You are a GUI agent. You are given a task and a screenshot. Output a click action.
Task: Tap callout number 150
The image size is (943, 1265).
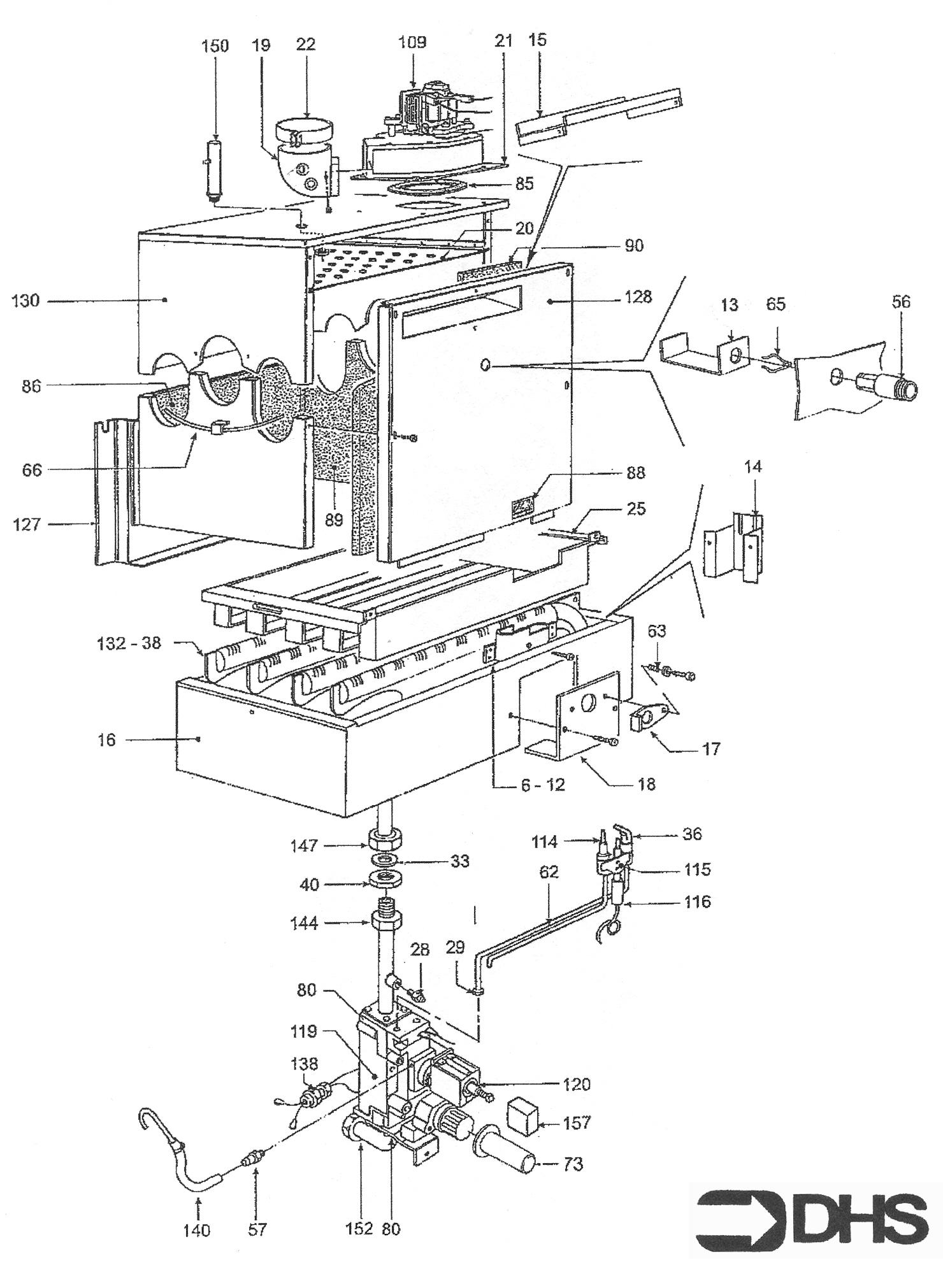pos(215,46)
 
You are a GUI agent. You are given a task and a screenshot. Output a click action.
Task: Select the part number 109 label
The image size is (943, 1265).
pos(412,43)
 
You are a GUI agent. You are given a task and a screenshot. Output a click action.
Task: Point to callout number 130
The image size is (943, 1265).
pos(25,301)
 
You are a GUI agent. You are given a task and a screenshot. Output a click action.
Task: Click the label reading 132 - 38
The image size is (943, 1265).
pos(129,643)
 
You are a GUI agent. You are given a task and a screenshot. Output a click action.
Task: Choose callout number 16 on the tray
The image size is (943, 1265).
pos(107,740)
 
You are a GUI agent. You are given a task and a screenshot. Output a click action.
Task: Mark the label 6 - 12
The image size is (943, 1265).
pos(543,785)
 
